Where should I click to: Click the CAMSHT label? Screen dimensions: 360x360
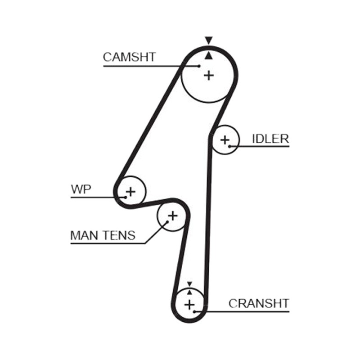pos(129,57)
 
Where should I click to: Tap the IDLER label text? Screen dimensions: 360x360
pos(270,139)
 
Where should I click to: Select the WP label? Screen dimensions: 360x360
pos(81,189)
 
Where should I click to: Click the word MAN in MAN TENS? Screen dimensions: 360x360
pos(85,235)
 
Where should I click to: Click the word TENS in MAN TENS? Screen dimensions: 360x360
pos(119,235)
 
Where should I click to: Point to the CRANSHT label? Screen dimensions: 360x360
pos(259,303)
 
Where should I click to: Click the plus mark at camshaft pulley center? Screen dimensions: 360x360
pos(209,75)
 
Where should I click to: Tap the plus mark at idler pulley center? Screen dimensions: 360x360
pos(225,140)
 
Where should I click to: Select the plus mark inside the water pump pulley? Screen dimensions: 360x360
pos(130,192)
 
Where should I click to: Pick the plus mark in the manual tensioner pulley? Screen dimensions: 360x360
pos(173,216)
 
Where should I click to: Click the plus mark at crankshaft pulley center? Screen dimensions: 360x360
pos(189,305)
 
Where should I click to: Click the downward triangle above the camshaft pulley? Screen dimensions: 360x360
pos(209,40)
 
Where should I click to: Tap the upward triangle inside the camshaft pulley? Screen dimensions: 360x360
pos(208,55)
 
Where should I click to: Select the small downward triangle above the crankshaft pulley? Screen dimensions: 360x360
pos(189,284)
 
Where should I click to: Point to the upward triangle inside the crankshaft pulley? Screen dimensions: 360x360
pos(189,292)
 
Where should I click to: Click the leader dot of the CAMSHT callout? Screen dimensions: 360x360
pos(199,66)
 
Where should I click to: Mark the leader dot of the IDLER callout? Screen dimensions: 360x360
pos(229,146)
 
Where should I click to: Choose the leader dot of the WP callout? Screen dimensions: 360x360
pos(126,197)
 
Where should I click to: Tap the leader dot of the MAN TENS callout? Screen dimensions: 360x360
pos(167,222)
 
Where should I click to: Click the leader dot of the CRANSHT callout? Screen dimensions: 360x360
pos(194,311)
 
